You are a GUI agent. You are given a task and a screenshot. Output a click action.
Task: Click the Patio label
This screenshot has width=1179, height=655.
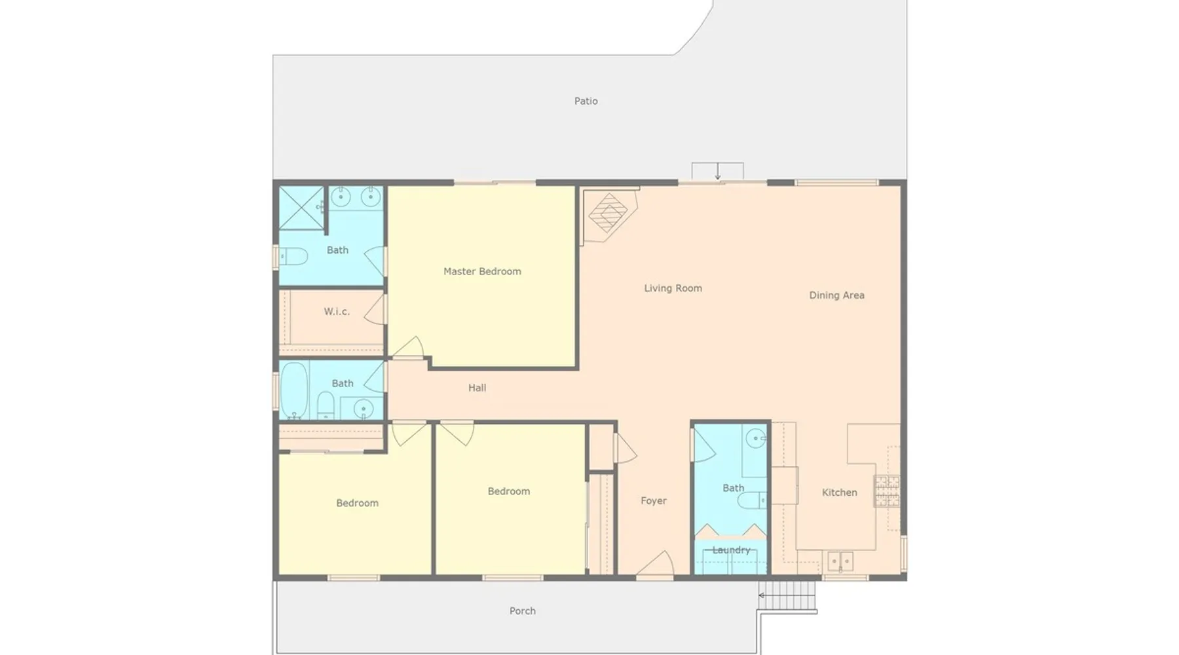click(x=586, y=101)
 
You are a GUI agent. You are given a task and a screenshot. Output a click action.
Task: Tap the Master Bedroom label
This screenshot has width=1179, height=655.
click(x=482, y=271)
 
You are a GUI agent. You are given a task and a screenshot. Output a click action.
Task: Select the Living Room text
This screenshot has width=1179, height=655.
click(x=673, y=288)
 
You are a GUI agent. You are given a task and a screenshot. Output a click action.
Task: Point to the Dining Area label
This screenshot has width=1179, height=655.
click(x=836, y=295)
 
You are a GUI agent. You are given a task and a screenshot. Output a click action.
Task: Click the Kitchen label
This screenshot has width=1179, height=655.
click(x=839, y=493)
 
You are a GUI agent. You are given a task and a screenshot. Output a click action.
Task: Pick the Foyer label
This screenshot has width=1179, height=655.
click(x=653, y=501)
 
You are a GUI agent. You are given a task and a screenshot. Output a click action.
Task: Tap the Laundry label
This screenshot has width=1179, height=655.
click(x=731, y=550)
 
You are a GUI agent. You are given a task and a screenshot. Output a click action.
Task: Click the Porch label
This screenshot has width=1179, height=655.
click(x=522, y=611)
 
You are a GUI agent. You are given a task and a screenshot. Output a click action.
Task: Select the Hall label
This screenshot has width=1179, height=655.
click(x=477, y=388)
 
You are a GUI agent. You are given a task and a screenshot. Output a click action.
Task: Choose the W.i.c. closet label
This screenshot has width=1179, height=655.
click(x=337, y=312)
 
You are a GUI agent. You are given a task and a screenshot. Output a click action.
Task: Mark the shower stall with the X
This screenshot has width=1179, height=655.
click(x=301, y=208)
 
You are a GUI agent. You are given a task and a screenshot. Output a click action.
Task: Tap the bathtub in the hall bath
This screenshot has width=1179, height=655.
click(x=294, y=390)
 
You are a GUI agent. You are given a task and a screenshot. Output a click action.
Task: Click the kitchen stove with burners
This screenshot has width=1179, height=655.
click(x=887, y=491)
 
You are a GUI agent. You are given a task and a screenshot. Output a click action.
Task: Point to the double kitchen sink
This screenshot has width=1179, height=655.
click(x=840, y=561)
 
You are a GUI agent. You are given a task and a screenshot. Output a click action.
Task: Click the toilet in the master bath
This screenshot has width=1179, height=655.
click(x=293, y=256)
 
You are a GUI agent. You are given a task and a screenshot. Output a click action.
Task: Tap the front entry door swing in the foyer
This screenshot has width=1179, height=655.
click(x=655, y=563)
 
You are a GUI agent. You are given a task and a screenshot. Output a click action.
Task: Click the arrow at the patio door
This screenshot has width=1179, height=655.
click(x=718, y=172)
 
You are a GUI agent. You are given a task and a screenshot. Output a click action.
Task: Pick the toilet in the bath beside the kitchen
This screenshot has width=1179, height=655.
click(x=752, y=500)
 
